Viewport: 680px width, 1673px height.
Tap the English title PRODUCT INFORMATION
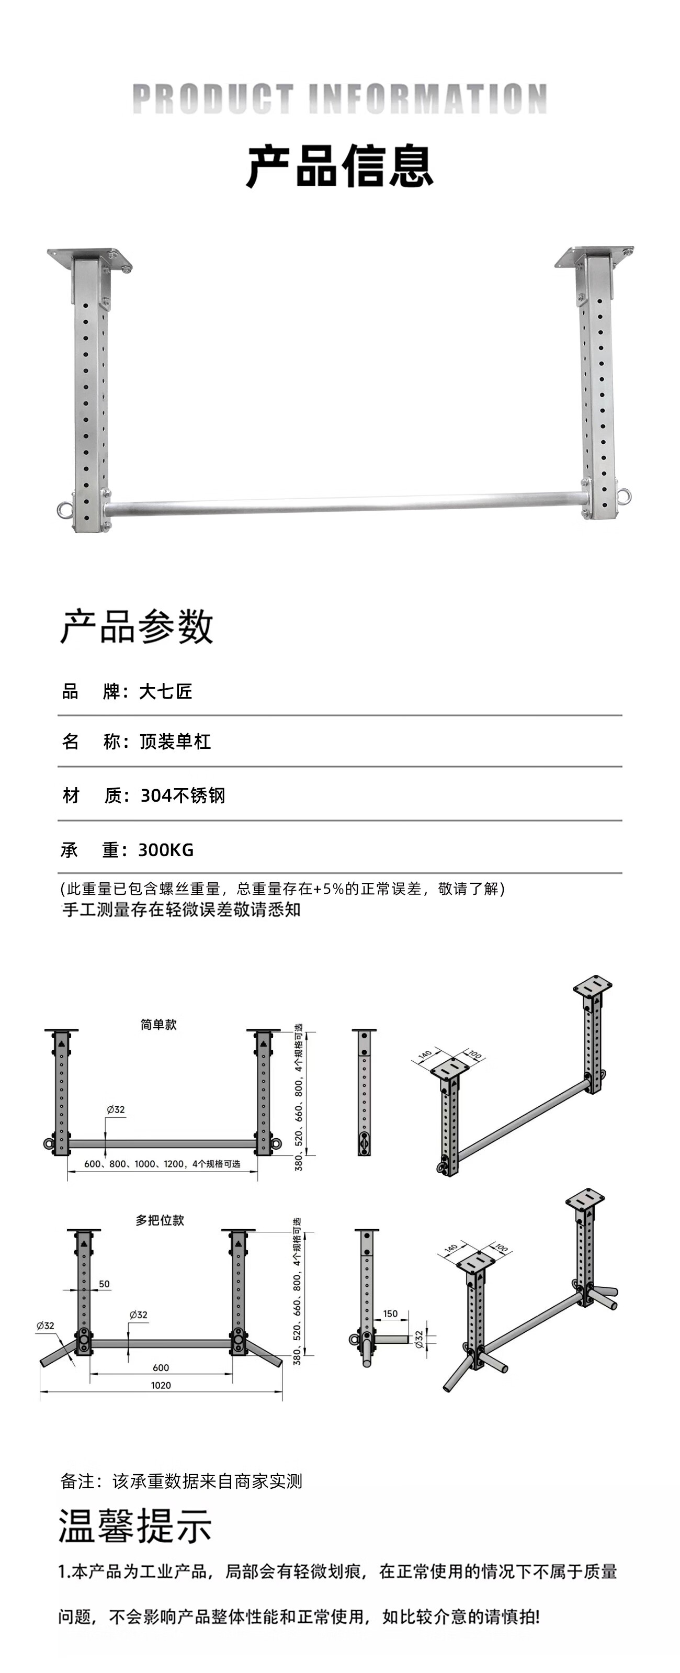(339, 99)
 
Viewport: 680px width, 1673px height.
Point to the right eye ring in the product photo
(624, 496)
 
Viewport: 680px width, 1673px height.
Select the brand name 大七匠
(166, 691)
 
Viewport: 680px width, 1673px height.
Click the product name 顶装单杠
(175, 742)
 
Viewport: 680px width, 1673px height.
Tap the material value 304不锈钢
(183, 795)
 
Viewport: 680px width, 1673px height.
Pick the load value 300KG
(166, 849)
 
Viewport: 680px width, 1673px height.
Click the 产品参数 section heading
(137, 627)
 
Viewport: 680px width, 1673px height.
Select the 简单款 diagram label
(158, 1024)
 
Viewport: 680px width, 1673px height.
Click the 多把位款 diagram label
(160, 1220)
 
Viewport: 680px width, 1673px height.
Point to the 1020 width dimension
(161, 1385)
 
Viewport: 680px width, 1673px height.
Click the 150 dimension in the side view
(390, 1313)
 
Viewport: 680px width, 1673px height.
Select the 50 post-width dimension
(104, 1284)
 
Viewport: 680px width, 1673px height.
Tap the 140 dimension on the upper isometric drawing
(425, 1053)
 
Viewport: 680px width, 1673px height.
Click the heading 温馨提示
(135, 1525)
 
